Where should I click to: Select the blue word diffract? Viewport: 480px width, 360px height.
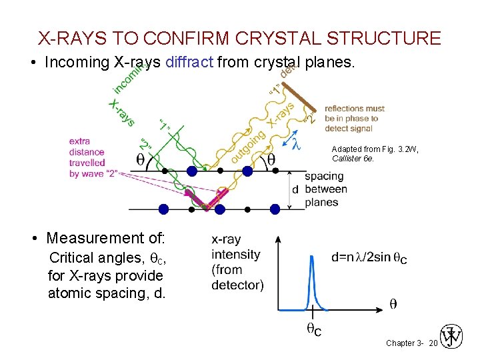click(189, 63)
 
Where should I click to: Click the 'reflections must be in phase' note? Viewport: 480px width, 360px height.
click(355, 118)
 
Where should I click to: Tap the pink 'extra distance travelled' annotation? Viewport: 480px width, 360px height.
click(87, 157)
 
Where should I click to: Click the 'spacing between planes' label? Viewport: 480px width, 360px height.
click(326, 189)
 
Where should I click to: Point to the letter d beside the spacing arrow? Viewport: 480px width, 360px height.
click(295, 189)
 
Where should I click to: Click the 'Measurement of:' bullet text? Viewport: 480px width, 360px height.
click(106, 238)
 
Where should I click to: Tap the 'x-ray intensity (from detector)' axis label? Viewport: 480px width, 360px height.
click(236, 262)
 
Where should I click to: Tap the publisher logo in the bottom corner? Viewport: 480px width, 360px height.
click(451, 338)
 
